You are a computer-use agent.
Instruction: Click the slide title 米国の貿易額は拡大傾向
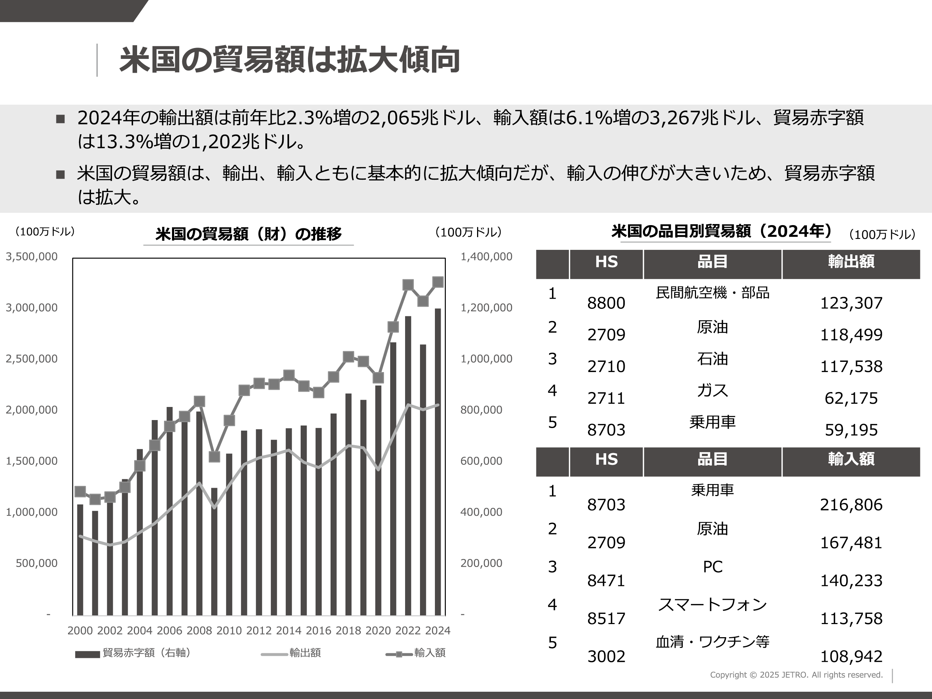pos(289,60)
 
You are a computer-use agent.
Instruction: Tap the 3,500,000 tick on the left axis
pos(32,257)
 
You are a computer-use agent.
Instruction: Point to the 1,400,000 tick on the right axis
pos(486,257)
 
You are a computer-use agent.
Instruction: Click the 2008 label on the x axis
pos(199,630)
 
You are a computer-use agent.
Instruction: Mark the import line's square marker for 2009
pos(215,456)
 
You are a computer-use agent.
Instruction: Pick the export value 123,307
pos(851,303)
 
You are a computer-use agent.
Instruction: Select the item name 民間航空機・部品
pos(712,292)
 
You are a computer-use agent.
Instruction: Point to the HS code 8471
pos(606,580)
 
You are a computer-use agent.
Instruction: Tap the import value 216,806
pos(851,505)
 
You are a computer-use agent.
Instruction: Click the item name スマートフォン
pos(712,604)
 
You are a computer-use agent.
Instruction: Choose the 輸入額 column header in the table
pos(851,459)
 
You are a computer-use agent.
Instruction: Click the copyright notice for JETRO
pos(796,675)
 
